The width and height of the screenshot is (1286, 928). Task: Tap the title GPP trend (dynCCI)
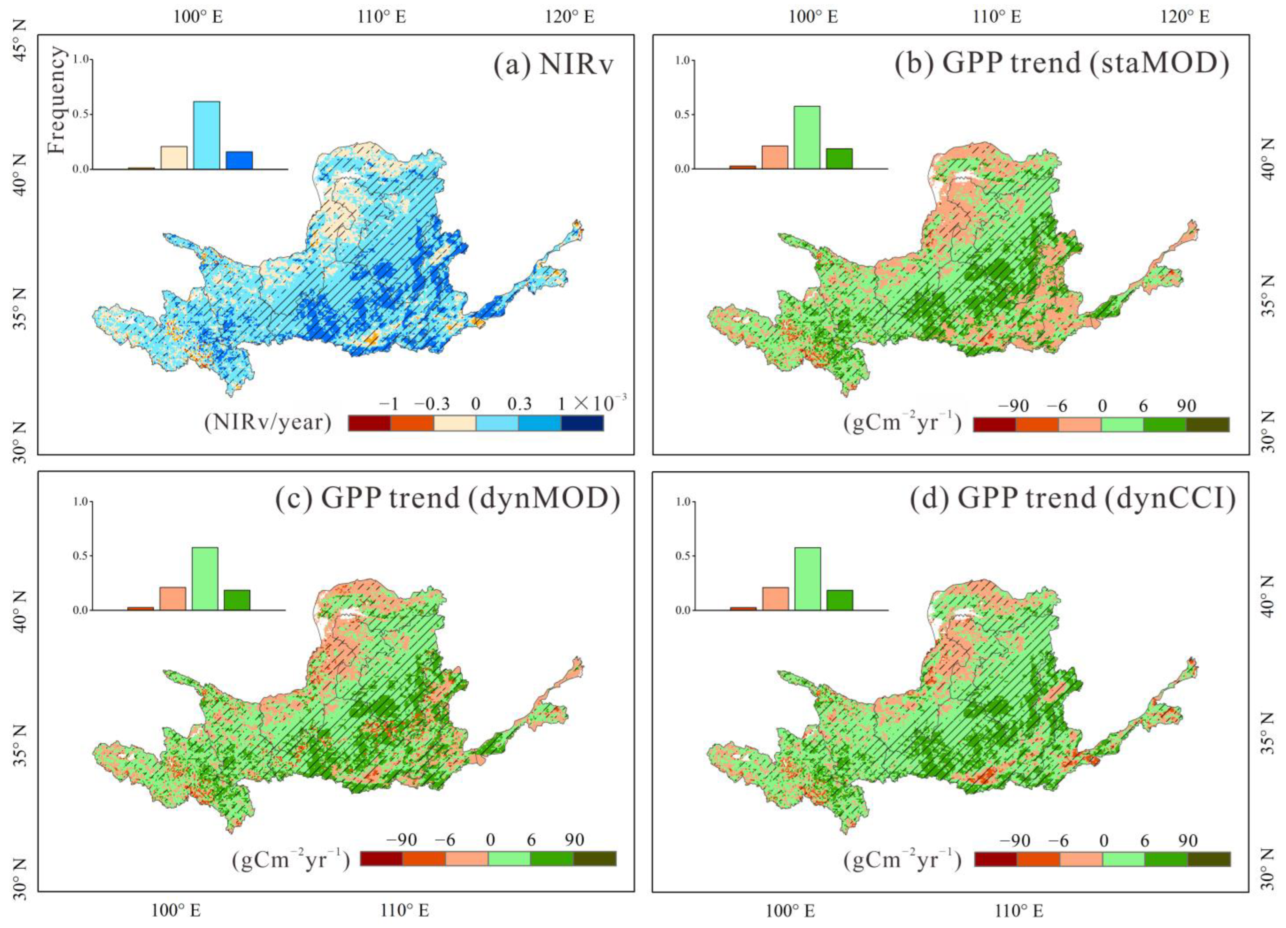click(x=1073, y=498)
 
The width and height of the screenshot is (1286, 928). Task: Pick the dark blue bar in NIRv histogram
click(x=239, y=160)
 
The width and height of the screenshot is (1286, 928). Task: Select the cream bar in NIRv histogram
click(x=173, y=158)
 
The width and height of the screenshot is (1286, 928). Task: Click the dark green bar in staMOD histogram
click(x=839, y=158)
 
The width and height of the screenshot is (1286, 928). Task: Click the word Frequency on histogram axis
click(x=57, y=100)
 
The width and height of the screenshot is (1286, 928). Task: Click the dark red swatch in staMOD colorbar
click(x=994, y=425)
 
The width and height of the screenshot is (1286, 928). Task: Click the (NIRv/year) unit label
click(x=268, y=422)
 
